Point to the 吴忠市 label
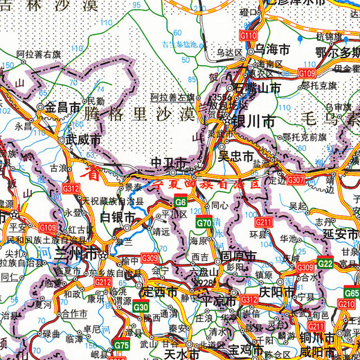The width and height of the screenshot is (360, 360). point(236,156)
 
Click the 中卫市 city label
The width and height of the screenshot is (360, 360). point(169,163)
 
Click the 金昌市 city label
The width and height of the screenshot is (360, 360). point(63,107)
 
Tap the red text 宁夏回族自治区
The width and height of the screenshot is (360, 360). point(208,185)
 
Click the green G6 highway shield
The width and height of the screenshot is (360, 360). point(179,201)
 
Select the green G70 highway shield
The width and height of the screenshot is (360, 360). point(204,223)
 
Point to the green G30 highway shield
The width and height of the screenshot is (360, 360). point(141,307)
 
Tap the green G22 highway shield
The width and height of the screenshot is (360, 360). point(325,263)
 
